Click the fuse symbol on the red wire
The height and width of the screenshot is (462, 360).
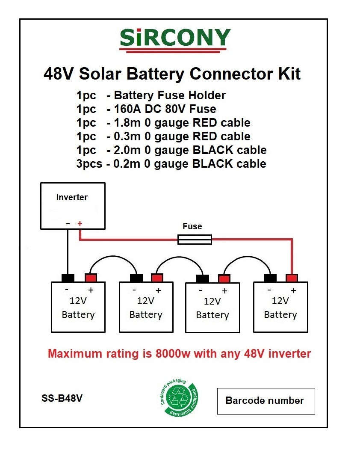coord(195,240)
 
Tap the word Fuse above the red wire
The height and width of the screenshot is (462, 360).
coord(192,226)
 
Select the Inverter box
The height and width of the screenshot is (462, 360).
coord(72,206)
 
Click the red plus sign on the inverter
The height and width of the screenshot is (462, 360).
coord(80,223)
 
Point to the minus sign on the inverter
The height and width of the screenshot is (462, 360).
coord(68,223)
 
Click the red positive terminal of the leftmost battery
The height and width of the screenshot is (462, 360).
coord(91,278)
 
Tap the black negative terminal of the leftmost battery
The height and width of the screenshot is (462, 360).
coord(68,278)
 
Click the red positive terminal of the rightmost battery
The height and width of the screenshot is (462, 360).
coord(292,278)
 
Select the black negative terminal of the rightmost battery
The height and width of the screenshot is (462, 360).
coord(270,278)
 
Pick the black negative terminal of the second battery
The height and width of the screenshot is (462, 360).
coord(136,278)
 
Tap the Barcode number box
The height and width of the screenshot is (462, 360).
coord(266,401)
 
